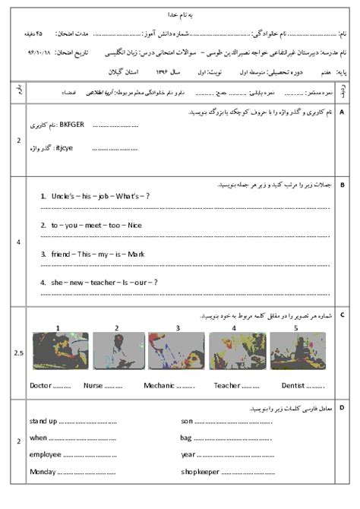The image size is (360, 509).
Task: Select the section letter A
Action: pos(343,112)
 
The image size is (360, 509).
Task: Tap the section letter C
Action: pos(343,314)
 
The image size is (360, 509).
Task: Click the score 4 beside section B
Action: pos(18,242)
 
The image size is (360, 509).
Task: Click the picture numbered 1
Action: pos(58,352)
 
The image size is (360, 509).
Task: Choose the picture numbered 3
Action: pos(176,352)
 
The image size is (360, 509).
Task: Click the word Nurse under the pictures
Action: pos(93,386)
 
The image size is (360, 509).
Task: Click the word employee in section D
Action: pos(46,454)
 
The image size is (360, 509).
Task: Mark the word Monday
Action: pos(43,471)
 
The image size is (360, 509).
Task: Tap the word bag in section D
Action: pos(187,438)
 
